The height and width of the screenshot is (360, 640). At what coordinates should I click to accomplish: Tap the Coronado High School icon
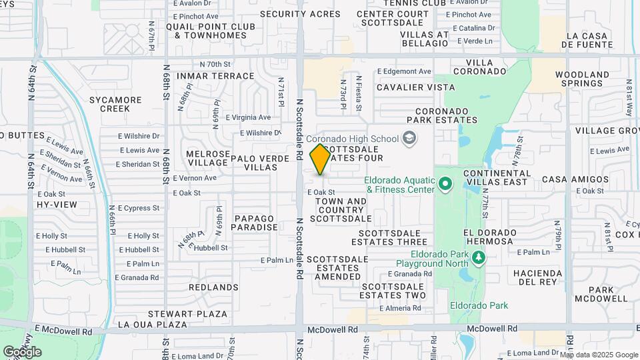[x=409, y=139]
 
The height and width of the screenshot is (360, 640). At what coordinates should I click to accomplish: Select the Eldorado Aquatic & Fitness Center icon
[x=445, y=183]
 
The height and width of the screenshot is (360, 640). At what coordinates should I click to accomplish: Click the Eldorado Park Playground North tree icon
[x=477, y=257]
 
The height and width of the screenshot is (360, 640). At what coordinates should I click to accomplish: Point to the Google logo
[x=22, y=351]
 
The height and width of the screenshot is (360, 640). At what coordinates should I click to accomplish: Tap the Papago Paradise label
[x=254, y=223]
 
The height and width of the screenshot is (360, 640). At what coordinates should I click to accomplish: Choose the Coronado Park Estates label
[x=446, y=116]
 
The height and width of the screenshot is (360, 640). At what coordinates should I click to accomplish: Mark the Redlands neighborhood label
[x=213, y=287]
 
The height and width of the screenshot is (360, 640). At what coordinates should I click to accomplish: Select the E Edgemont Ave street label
[x=404, y=71]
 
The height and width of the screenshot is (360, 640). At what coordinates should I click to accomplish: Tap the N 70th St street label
[x=215, y=64]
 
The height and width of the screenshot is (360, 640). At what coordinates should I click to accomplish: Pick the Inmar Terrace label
[x=207, y=76]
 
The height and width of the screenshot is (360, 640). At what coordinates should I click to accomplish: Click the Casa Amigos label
[x=567, y=179]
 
